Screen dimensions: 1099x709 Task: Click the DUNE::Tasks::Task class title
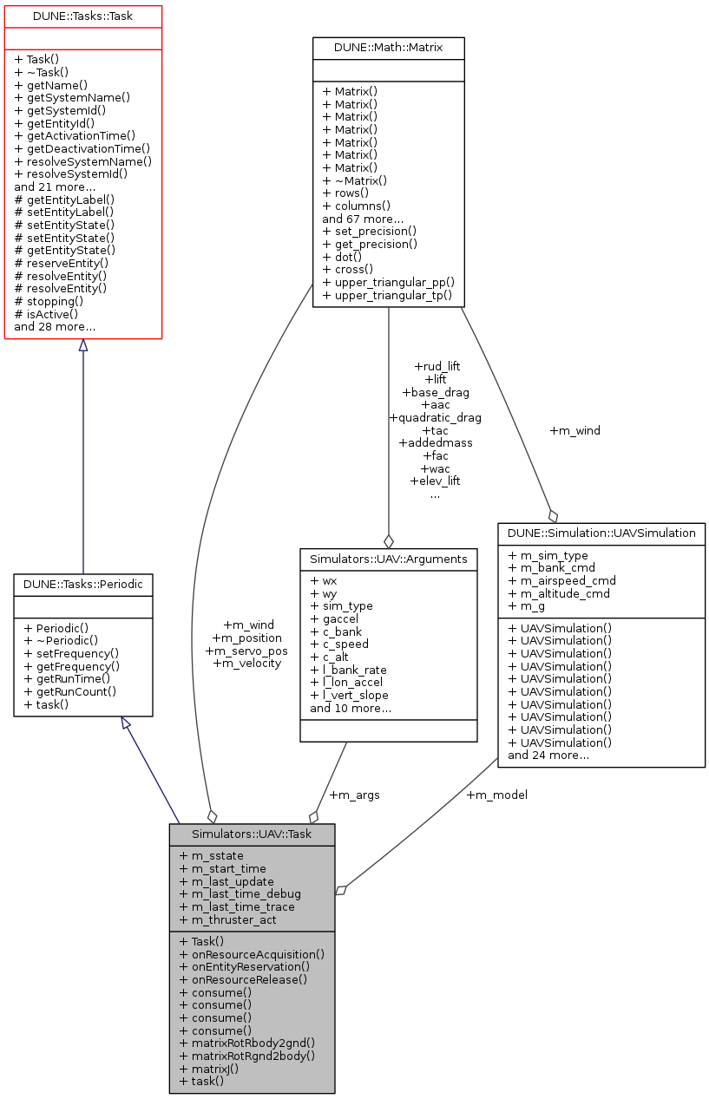click(83, 15)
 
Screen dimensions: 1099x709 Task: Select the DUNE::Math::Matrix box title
click(388, 47)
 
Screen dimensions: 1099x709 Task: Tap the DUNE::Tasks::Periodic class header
click(83, 585)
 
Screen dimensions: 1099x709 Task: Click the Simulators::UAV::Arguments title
click(388, 559)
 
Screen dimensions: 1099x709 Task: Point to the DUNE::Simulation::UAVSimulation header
click(601, 533)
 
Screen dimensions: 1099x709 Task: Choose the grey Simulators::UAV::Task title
click(252, 834)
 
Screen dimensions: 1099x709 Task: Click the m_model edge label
click(496, 795)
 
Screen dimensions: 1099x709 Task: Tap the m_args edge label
click(354, 795)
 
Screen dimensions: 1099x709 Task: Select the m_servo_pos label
click(246, 651)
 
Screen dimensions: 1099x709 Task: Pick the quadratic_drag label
click(435, 417)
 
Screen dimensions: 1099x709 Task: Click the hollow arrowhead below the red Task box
click(82, 345)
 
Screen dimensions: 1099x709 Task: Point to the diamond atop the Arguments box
click(388, 541)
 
